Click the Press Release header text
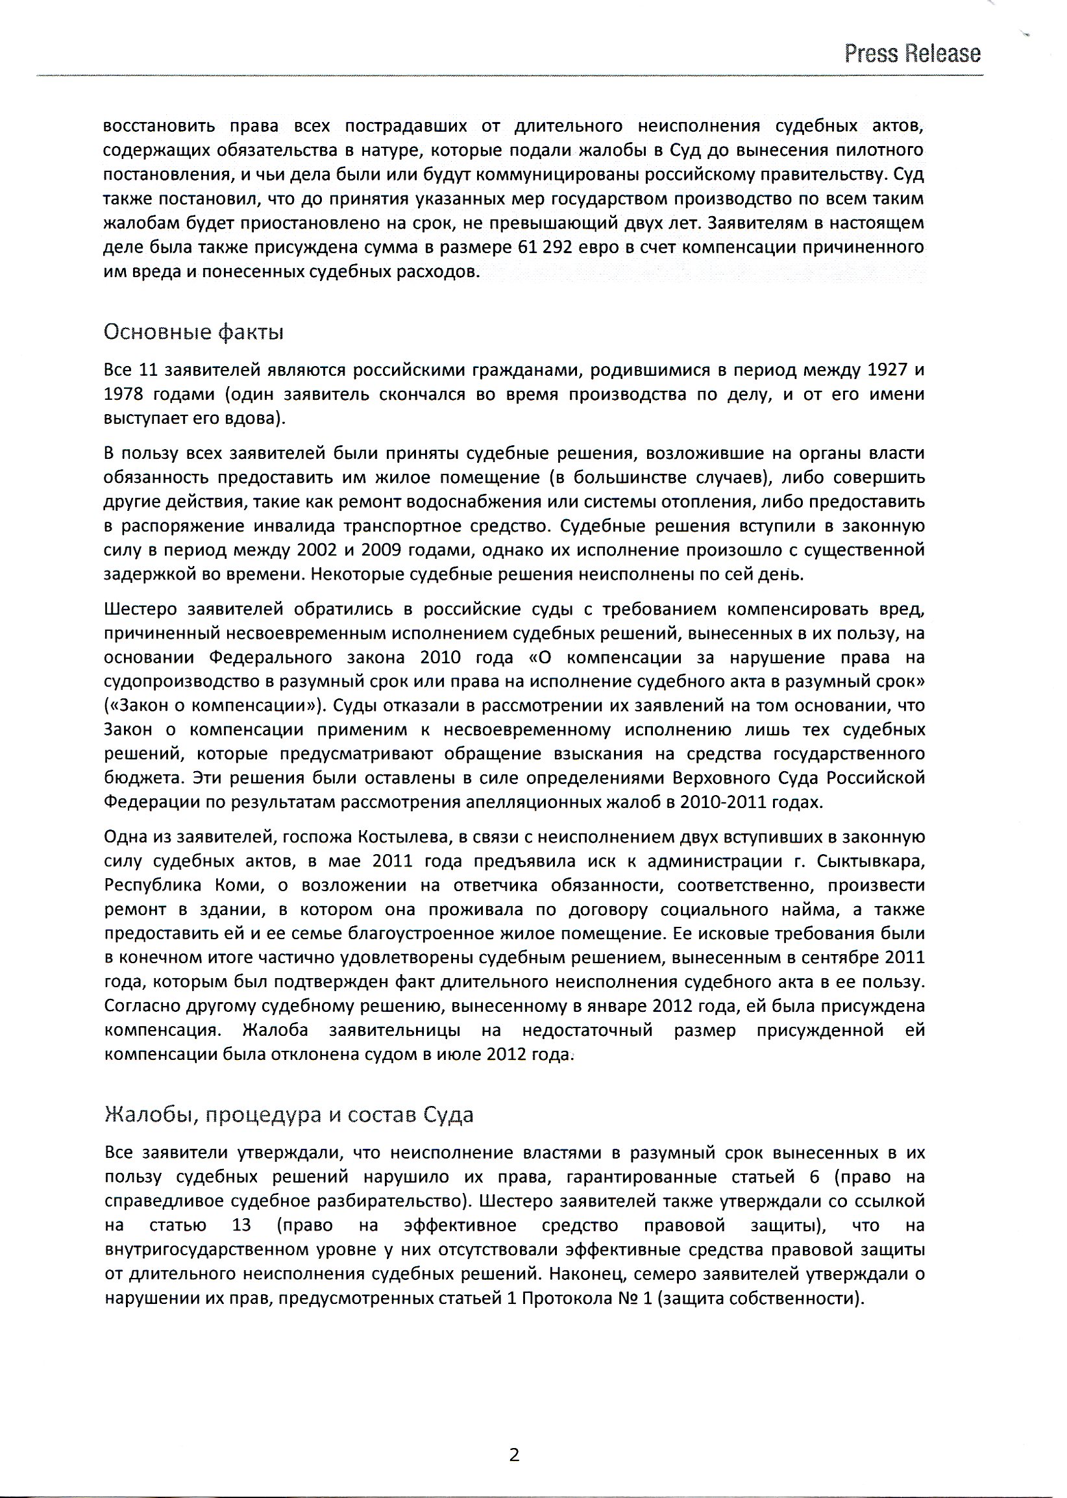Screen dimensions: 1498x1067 point(912,54)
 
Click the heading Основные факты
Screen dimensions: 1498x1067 point(194,332)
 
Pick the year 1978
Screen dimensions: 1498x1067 point(123,394)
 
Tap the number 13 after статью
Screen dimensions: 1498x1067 point(242,1225)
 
